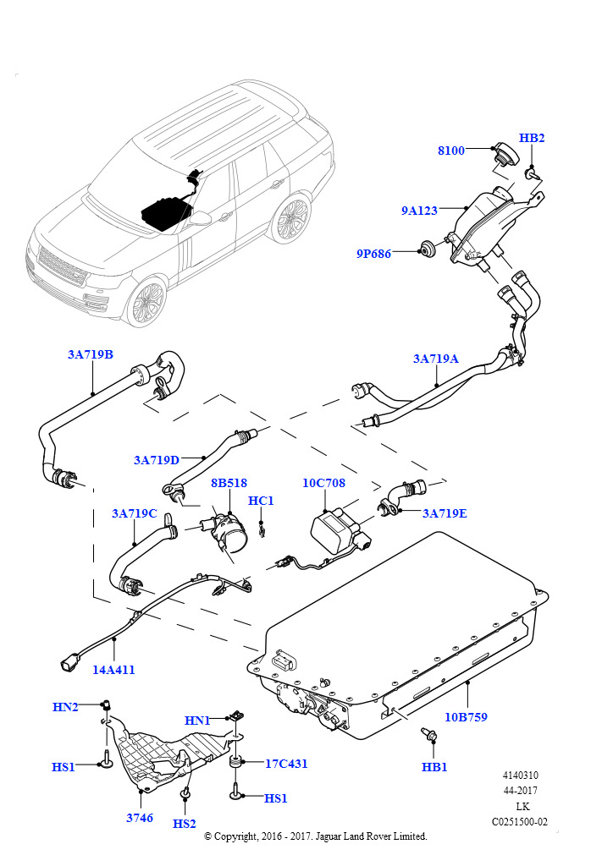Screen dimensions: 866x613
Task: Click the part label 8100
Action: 451,151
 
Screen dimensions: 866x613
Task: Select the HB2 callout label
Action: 532,138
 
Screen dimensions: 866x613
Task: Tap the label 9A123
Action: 419,211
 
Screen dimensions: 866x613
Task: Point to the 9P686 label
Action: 373,253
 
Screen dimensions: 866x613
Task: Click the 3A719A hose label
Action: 435,359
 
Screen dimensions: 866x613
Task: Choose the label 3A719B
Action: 91,354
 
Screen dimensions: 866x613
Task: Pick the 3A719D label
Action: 157,460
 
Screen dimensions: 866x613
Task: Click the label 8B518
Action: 229,483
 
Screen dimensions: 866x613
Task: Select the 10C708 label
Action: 323,483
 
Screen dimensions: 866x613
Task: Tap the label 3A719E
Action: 445,512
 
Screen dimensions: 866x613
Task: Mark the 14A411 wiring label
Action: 113,669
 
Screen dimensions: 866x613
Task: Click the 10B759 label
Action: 467,716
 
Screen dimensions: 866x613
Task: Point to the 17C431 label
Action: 286,763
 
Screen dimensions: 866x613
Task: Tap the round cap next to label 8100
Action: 503,156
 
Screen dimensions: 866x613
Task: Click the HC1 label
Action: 261,501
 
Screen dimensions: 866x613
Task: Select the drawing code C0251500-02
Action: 520,821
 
